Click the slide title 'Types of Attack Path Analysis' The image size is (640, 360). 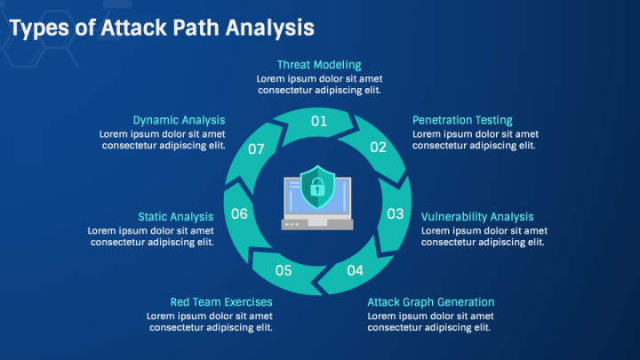161,28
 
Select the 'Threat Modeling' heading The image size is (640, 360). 319,65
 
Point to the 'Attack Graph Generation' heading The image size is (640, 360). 431,302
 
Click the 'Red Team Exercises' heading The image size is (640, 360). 221,302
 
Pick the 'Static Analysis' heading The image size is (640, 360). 175,216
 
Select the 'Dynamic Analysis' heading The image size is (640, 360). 179,120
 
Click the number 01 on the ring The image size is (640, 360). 319,120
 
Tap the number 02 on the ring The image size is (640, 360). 379,148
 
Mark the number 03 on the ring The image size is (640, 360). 396,213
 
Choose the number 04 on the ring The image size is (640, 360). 355,270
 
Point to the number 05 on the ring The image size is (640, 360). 284,270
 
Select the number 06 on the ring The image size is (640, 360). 239,213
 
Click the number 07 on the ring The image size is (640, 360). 257,149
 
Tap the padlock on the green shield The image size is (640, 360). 316,188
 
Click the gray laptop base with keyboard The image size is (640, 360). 317,224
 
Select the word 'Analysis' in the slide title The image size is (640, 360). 269,28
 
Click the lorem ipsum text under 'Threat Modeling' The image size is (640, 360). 319,84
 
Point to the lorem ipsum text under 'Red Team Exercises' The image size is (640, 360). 210,322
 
